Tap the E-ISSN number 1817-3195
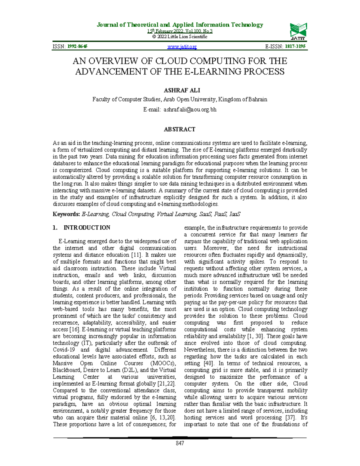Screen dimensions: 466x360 tap(295, 47)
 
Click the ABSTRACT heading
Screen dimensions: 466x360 tap(179, 129)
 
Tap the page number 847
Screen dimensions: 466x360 tap(180, 443)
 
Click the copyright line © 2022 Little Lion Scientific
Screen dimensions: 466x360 tap(180, 37)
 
